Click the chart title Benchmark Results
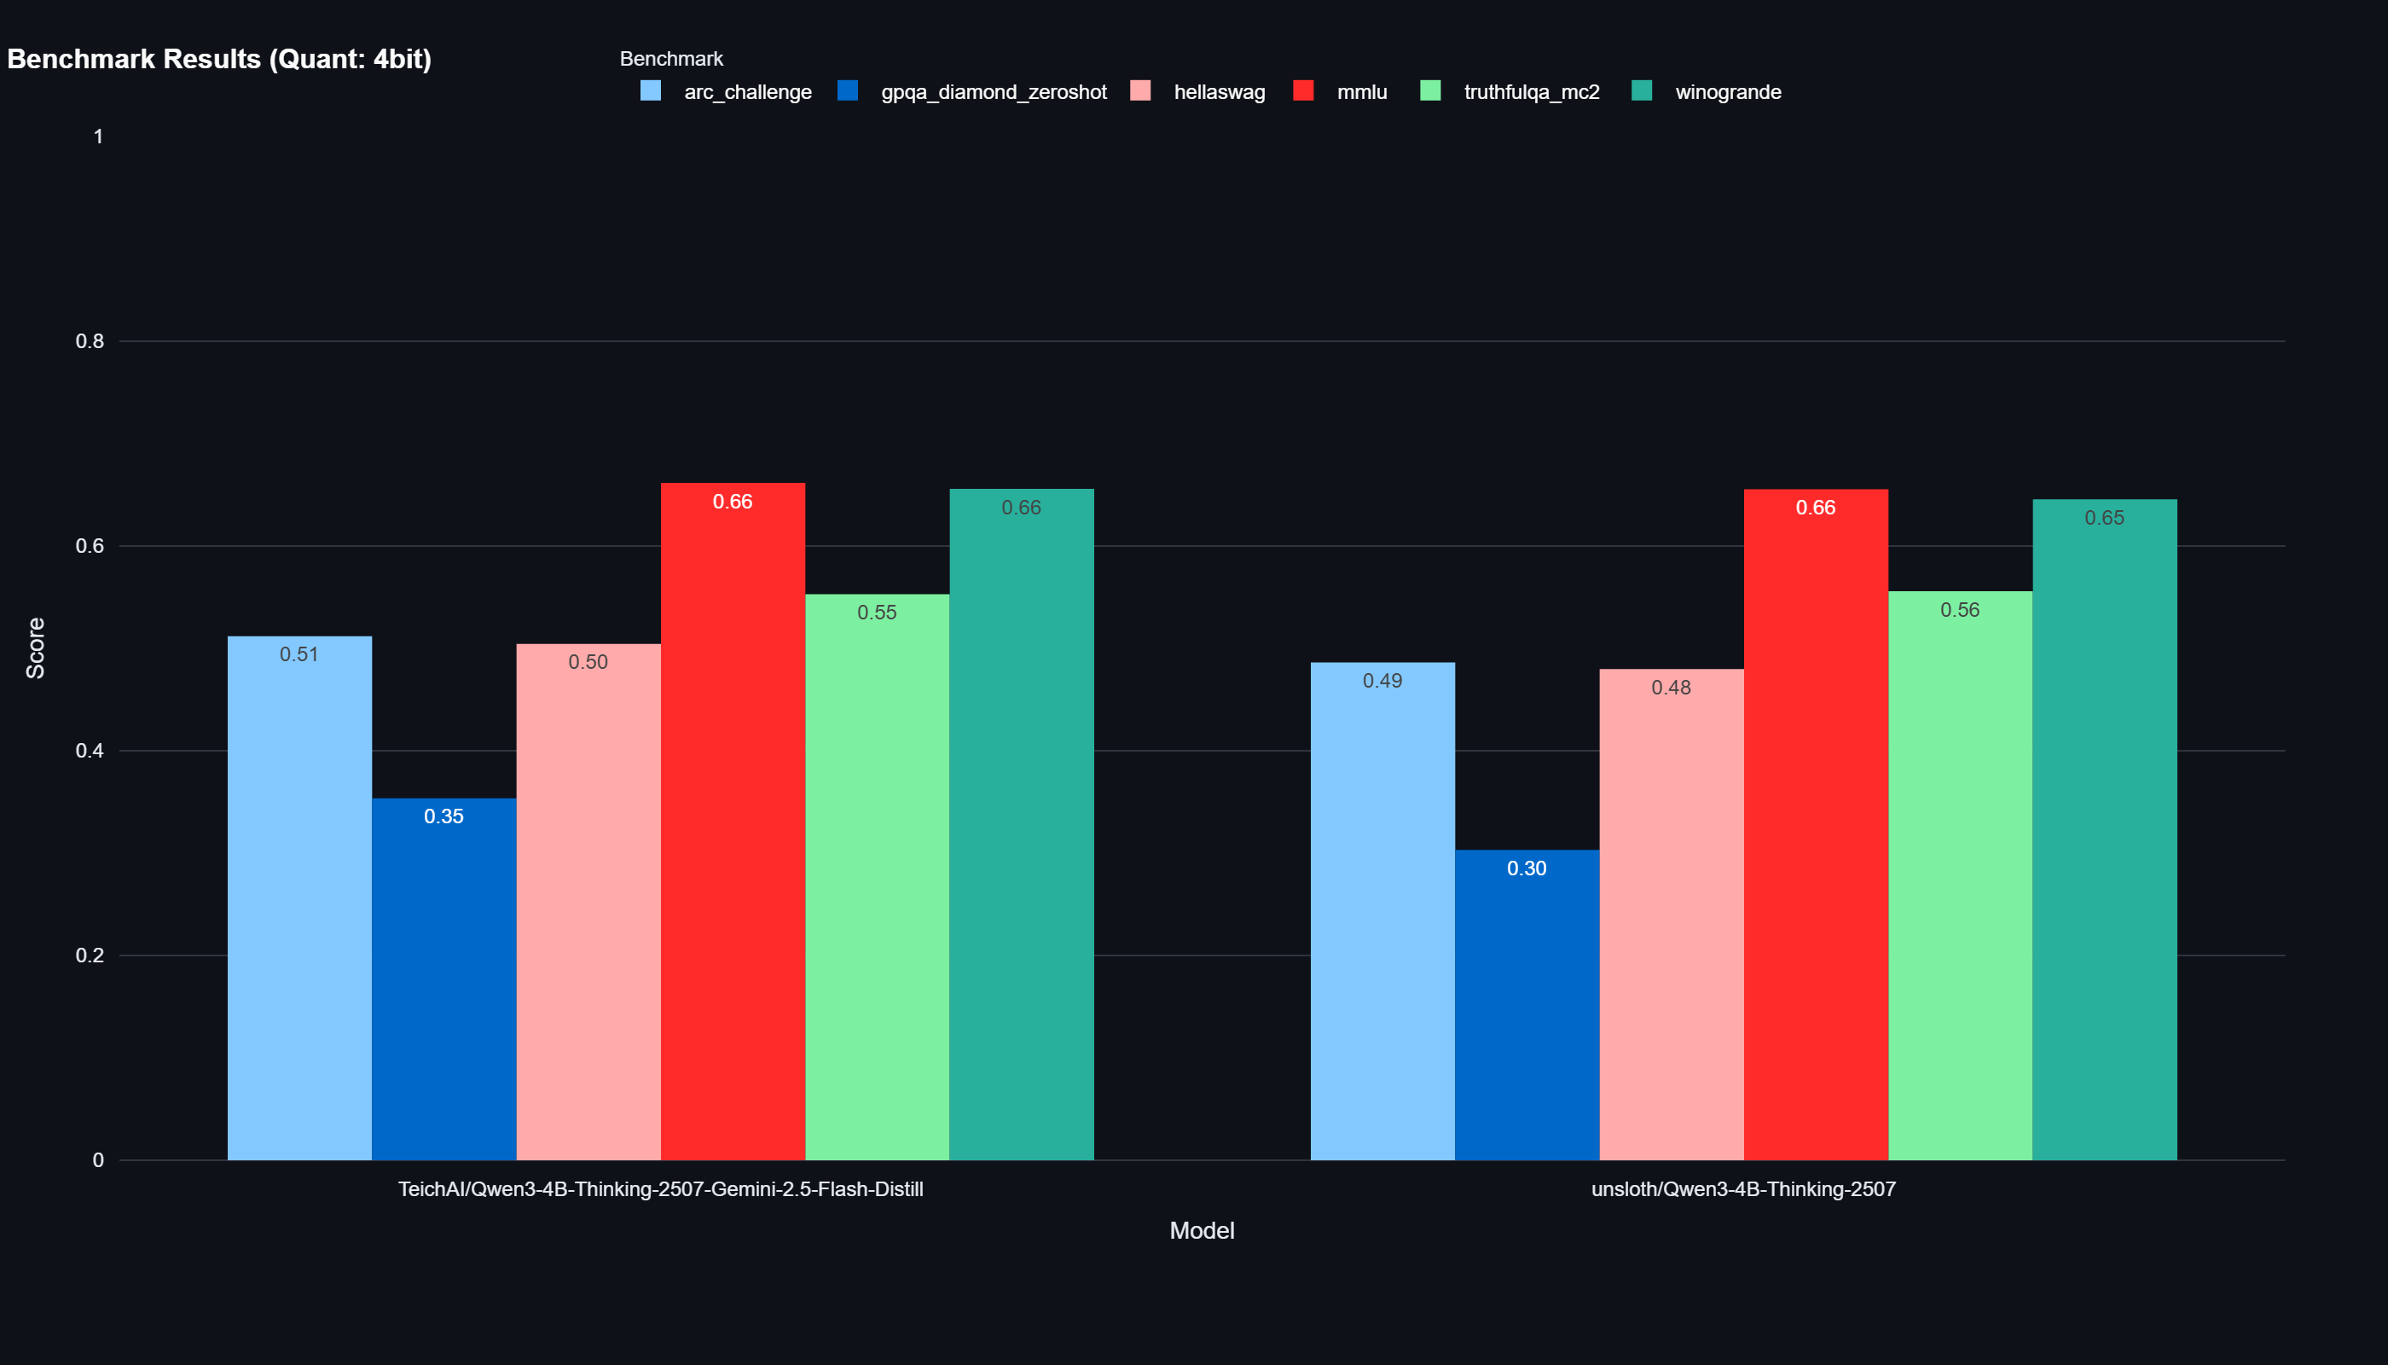[218, 59]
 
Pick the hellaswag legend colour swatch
[1139, 91]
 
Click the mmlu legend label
[1361, 92]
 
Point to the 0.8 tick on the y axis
[90, 341]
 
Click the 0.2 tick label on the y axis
[90, 955]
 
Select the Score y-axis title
[36, 648]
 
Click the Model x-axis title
[1202, 1230]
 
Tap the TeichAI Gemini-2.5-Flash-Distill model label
[660, 1188]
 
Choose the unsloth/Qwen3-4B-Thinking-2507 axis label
[1742, 1188]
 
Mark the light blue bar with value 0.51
[299, 900]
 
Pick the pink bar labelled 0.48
[1671, 919]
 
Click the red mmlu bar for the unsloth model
[1816, 825]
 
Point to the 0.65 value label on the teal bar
[2104, 518]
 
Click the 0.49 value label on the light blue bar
[1382, 681]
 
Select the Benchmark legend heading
[671, 59]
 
